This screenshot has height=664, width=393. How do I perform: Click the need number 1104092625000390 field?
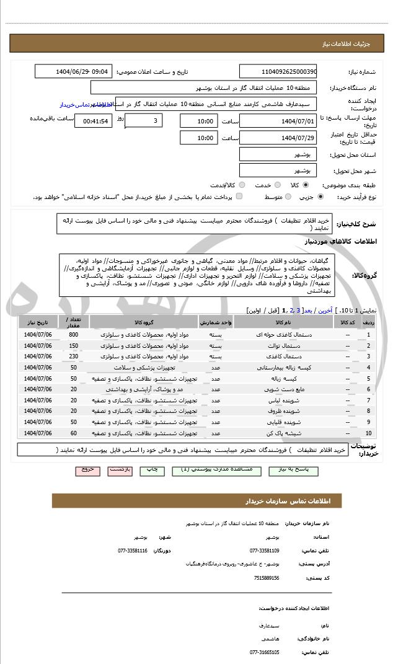pyautogui.click(x=278, y=71)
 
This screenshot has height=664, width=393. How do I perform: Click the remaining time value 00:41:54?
pyautogui.click(x=93, y=121)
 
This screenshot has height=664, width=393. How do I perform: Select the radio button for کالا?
pyautogui.click(x=306, y=185)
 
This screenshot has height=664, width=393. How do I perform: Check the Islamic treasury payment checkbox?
pyautogui.click(x=239, y=197)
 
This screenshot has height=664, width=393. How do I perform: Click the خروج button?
pyautogui.click(x=87, y=470)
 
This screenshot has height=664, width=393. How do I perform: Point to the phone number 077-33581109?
pyautogui.click(x=265, y=551)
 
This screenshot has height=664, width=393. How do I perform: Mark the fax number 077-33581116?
pyautogui.click(x=132, y=551)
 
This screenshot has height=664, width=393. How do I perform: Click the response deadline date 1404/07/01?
pyautogui.click(x=278, y=121)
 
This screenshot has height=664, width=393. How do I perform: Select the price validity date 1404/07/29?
pyautogui.click(x=278, y=138)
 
